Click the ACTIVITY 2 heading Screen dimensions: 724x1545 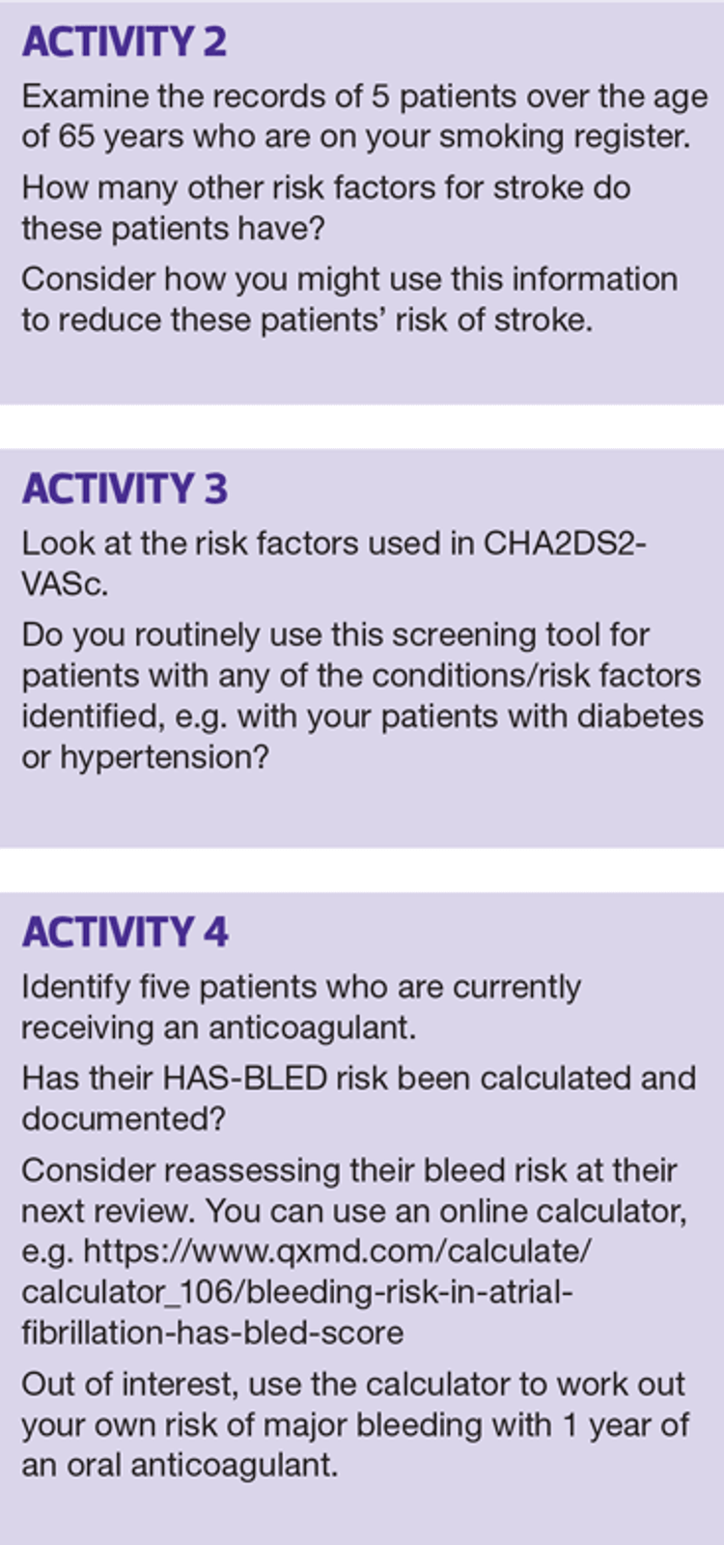coord(125,42)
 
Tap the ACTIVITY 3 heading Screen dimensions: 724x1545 coord(125,489)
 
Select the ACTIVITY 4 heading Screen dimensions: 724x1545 coord(125,932)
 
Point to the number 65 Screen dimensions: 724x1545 coord(76,136)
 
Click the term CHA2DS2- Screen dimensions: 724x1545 coord(565,544)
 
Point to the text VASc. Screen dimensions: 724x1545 coord(65,584)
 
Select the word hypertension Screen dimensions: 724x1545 coord(164,759)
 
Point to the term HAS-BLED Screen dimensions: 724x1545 coord(244,1078)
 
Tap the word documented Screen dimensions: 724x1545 coord(124,1119)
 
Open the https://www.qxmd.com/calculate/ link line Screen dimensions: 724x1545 coord(337,1251)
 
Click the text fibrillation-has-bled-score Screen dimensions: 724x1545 coord(212,1333)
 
